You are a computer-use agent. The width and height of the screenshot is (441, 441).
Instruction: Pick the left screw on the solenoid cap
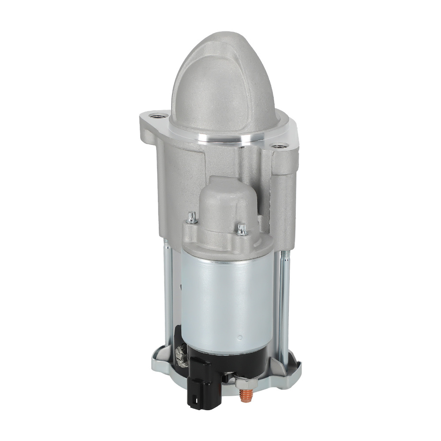pos(191,217)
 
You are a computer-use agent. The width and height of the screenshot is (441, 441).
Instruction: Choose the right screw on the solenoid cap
pos(241,229)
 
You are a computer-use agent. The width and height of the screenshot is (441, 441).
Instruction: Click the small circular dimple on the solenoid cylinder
pos(239,339)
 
